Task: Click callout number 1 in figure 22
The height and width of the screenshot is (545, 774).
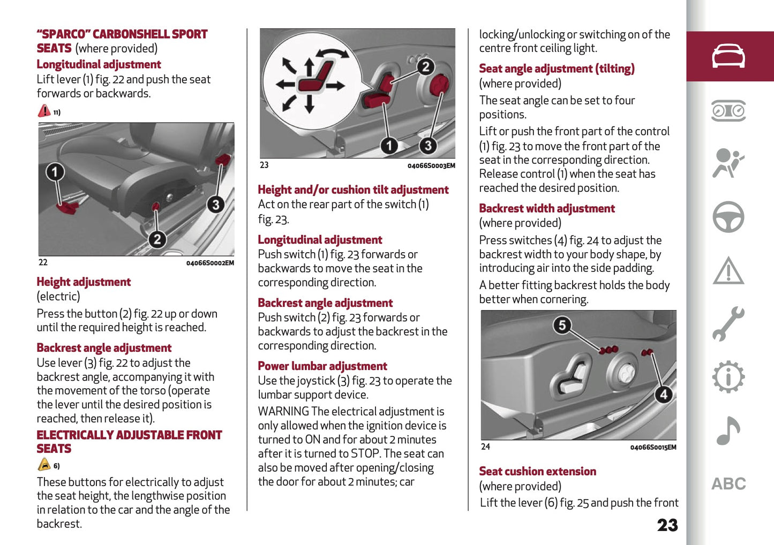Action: pyautogui.click(x=55, y=172)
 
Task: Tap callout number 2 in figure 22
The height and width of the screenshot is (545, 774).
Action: pyautogui.click(x=157, y=239)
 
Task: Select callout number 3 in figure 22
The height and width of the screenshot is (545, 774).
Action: pyautogui.click(x=215, y=205)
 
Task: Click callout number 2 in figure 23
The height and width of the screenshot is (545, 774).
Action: pyautogui.click(x=425, y=67)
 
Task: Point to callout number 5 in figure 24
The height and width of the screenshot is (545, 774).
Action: pyautogui.click(x=562, y=325)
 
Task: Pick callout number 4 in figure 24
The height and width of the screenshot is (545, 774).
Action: pyautogui.click(x=663, y=395)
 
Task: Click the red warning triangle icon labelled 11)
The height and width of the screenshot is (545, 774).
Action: pyautogui.click(x=44, y=111)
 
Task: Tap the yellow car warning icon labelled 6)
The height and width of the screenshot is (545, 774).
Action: pyautogui.click(x=44, y=465)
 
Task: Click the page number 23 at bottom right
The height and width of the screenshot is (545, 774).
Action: pyautogui.click(x=667, y=525)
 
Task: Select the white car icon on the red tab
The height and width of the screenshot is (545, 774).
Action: pyautogui.click(x=728, y=56)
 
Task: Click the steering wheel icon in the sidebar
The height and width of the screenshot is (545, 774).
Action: pyautogui.click(x=728, y=217)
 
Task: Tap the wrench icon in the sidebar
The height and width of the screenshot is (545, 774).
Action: pyautogui.click(x=728, y=323)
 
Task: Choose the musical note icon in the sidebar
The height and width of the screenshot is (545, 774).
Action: pyautogui.click(x=728, y=430)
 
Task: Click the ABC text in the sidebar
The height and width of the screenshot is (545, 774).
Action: pyautogui.click(x=728, y=484)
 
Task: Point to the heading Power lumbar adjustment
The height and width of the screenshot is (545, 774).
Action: pyautogui.click(x=322, y=366)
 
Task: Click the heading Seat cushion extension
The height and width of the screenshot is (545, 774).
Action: pyautogui.click(x=537, y=471)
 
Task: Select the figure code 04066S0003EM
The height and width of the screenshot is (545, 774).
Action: pyautogui.click(x=431, y=166)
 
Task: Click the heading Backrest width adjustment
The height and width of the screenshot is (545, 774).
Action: pyautogui.click(x=547, y=208)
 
